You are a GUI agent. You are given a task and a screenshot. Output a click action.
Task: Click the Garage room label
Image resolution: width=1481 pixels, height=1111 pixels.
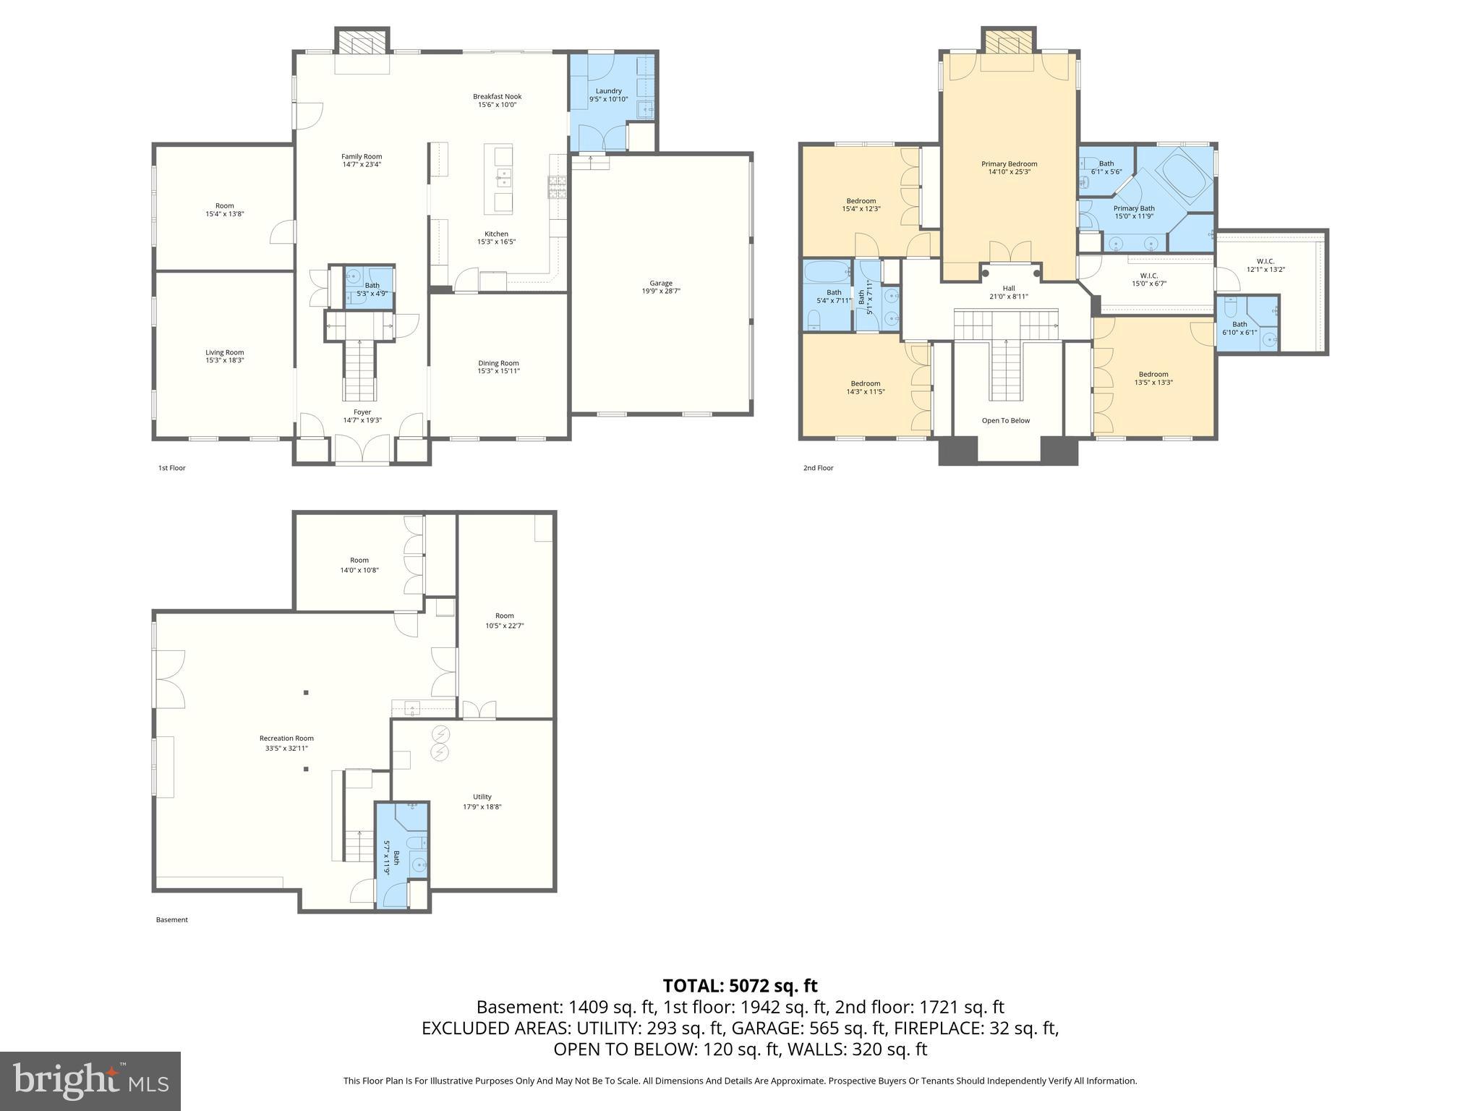[x=661, y=284]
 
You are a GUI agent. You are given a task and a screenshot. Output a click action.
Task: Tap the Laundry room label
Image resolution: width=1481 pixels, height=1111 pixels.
[x=608, y=91]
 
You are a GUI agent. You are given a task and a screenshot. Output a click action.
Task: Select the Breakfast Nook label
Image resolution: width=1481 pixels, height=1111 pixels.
[x=497, y=96]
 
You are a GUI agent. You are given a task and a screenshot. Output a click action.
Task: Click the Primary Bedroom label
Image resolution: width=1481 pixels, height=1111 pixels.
[x=1009, y=164]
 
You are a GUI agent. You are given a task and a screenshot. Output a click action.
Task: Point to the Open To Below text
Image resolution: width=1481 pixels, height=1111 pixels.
[x=1005, y=420]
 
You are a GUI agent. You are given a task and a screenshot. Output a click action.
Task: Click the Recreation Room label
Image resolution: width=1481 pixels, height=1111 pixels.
[x=286, y=738]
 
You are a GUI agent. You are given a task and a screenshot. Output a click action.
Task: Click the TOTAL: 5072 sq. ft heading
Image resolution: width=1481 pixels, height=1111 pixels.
[x=740, y=985]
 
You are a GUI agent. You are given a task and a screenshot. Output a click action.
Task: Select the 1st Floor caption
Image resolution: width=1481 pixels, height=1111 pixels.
[x=172, y=468]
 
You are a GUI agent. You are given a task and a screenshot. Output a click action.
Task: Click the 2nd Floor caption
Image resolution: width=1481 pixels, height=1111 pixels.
[x=818, y=468]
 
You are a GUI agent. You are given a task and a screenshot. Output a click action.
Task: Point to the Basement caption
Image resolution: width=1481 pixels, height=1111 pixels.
[x=172, y=920]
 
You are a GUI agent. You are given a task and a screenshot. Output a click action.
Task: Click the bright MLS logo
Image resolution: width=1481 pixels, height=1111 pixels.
[x=90, y=1081]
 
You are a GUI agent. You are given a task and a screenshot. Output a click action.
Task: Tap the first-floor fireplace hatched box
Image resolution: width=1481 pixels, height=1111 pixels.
[x=362, y=42]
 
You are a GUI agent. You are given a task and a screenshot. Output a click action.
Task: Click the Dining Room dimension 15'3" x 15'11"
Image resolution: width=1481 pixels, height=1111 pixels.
[x=498, y=371]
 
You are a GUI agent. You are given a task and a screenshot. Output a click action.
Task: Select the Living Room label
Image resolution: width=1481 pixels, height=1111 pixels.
[x=224, y=352]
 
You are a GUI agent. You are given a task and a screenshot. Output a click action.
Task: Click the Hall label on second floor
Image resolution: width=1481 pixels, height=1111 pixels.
[x=1008, y=288]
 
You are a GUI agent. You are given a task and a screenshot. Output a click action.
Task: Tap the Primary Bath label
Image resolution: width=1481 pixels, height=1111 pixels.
[x=1133, y=208]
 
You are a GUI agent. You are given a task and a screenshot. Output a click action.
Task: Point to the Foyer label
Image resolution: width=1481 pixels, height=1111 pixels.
[x=362, y=412]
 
